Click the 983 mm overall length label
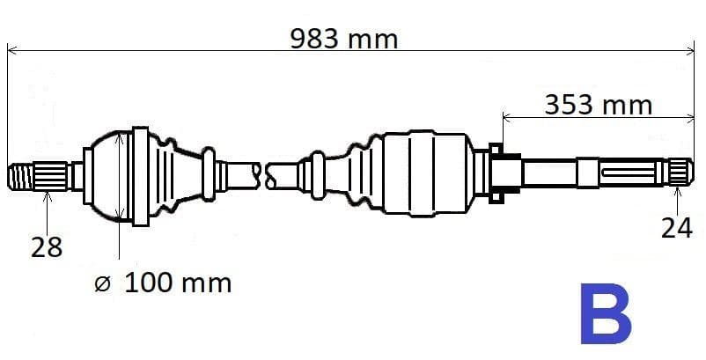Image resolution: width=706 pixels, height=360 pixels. (x=344, y=39)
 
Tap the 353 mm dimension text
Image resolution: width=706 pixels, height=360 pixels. (x=599, y=105)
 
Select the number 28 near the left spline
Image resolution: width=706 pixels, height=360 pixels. (x=47, y=247)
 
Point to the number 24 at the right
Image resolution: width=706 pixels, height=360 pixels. (x=677, y=229)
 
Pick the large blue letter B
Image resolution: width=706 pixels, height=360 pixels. (x=606, y=314)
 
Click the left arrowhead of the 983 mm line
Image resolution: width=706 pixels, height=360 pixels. (x=11, y=51)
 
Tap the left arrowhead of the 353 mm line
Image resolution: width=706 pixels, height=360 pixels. (x=506, y=116)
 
